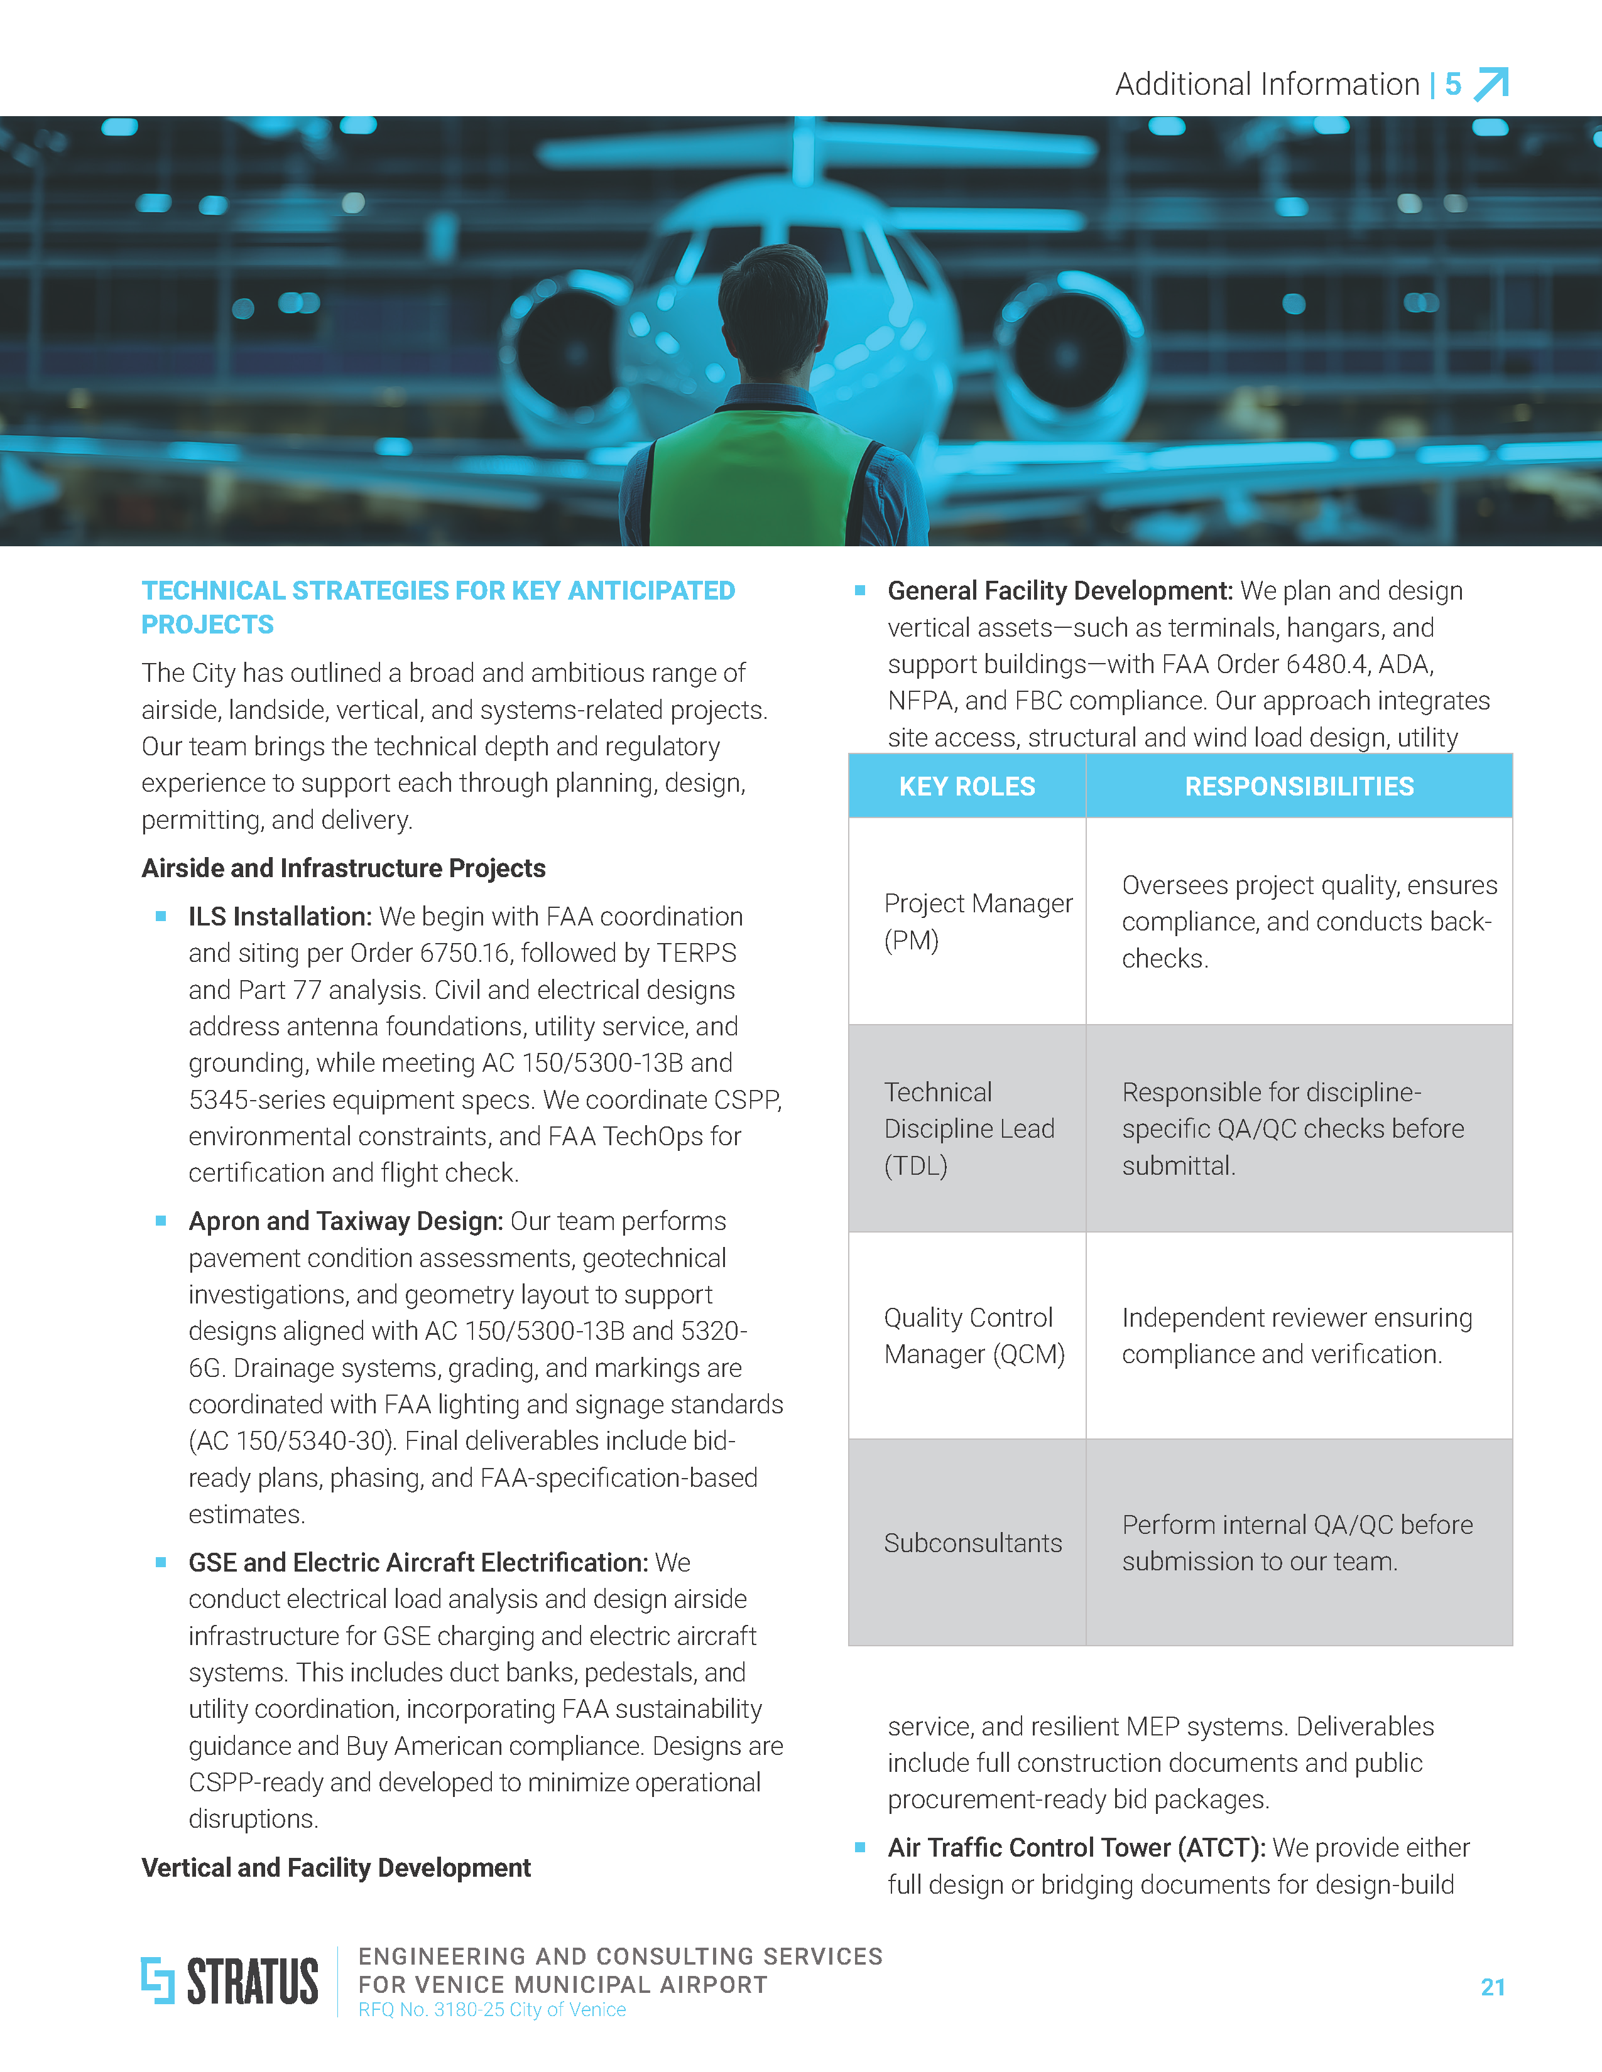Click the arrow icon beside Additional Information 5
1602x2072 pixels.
[x=1490, y=84]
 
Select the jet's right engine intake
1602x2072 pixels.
[x=1067, y=351]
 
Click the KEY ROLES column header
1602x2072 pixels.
[x=966, y=787]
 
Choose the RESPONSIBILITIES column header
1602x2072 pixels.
[x=1299, y=787]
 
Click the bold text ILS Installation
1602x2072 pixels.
[x=279, y=917]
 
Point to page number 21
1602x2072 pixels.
[x=1492, y=1987]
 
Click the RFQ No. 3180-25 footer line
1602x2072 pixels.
[x=492, y=2009]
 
